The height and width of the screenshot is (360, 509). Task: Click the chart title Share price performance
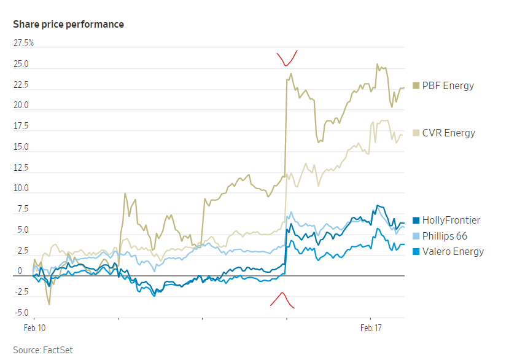[x=68, y=25]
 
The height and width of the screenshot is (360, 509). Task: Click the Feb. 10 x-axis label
[x=34, y=329]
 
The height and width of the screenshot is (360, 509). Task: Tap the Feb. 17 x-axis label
[x=370, y=329]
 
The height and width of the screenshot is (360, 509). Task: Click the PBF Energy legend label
[x=448, y=85]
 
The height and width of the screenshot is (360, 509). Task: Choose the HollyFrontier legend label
[x=451, y=220]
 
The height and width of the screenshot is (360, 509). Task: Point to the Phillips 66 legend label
[x=445, y=236]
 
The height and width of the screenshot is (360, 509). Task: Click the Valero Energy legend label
[x=453, y=251]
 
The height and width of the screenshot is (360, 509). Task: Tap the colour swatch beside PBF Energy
[x=416, y=85]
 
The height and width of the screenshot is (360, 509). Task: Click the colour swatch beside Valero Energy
[x=416, y=251]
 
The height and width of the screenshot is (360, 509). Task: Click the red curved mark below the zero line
[x=282, y=299]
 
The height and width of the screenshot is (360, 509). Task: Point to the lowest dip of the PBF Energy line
[x=49, y=303]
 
